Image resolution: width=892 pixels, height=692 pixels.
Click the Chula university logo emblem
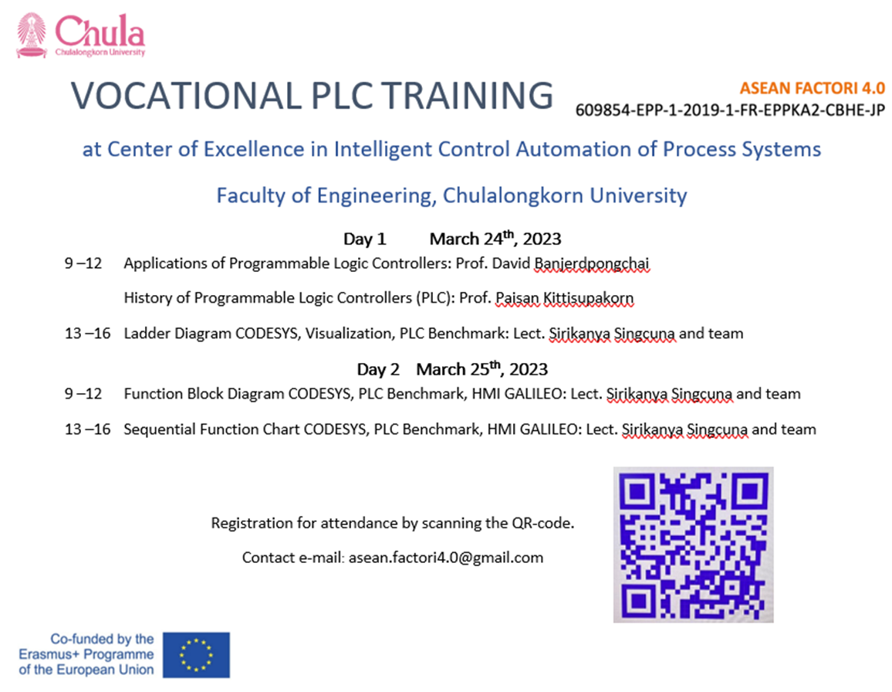(32, 36)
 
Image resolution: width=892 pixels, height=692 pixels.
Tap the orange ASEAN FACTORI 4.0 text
(813, 88)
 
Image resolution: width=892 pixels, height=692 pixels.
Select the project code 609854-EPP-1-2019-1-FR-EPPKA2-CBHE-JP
(731, 110)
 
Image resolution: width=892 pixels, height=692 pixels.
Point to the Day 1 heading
(365, 239)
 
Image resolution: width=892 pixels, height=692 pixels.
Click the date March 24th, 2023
(495, 238)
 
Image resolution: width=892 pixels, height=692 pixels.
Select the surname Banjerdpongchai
(592, 263)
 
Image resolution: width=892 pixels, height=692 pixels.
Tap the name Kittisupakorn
(588, 298)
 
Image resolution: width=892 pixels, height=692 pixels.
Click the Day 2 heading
(378, 370)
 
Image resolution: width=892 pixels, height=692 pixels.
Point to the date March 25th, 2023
(481, 369)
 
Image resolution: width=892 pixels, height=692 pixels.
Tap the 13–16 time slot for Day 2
(88, 429)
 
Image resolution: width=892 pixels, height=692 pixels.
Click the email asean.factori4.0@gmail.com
(446, 558)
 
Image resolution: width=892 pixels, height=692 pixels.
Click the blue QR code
(694, 545)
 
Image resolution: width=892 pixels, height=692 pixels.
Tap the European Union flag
(196, 655)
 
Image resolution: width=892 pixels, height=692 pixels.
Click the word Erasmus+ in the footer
(49, 654)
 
